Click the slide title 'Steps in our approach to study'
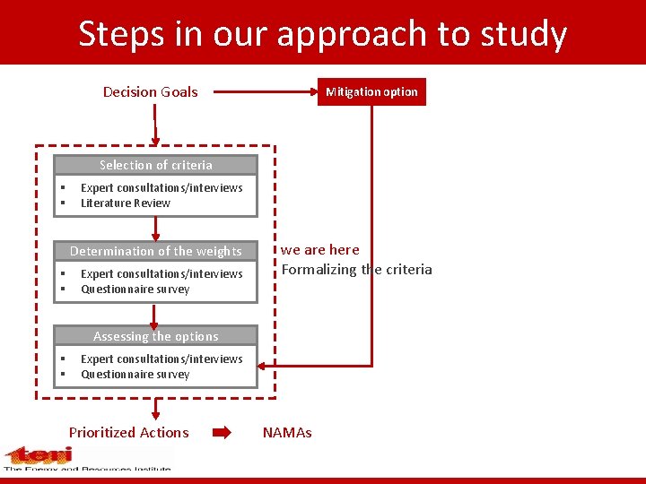coord(322,34)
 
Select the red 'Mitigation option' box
coord(371,92)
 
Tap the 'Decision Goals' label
coord(150,91)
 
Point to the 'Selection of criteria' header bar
coord(155,165)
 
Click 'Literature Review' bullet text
coord(125,203)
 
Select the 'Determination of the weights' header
coord(155,251)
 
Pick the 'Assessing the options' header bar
coord(155,336)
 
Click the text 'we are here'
coord(319,250)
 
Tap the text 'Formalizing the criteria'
coord(356,270)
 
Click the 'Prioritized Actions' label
coord(128,432)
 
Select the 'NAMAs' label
coord(287,433)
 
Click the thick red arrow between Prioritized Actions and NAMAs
coord(222,432)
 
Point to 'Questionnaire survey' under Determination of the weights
coord(135,290)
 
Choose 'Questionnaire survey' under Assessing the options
coord(135,375)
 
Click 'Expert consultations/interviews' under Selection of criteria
coord(161,188)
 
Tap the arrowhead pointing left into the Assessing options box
coord(263,366)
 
